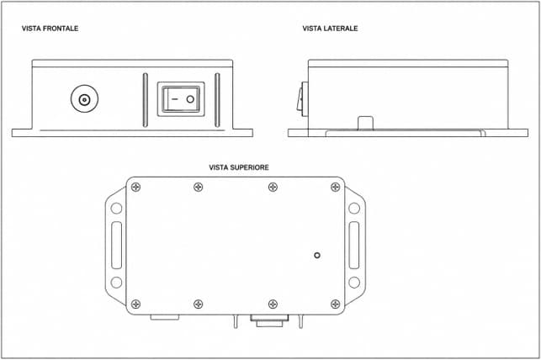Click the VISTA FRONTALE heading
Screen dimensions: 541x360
pyautogui.click(x=50, y=29)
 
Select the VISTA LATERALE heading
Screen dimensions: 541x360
pyautogui.click(x=330, y=29)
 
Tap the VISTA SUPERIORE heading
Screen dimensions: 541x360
pyautogui.click(x=239, y=167)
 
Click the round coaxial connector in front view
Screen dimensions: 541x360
pyautogui.click(x=84, y=99)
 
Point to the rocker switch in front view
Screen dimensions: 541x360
pyautogui.click(x=181, y=99)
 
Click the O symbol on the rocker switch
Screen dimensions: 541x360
pyautogui.click(x=190, y=99)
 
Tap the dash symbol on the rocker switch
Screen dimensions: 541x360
pyautogui.click(x=174, y=99)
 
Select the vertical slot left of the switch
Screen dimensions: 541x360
pyautogui.click(x=146, y=100)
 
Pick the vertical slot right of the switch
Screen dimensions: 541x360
pyautogui.click(x=217, y=100)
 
